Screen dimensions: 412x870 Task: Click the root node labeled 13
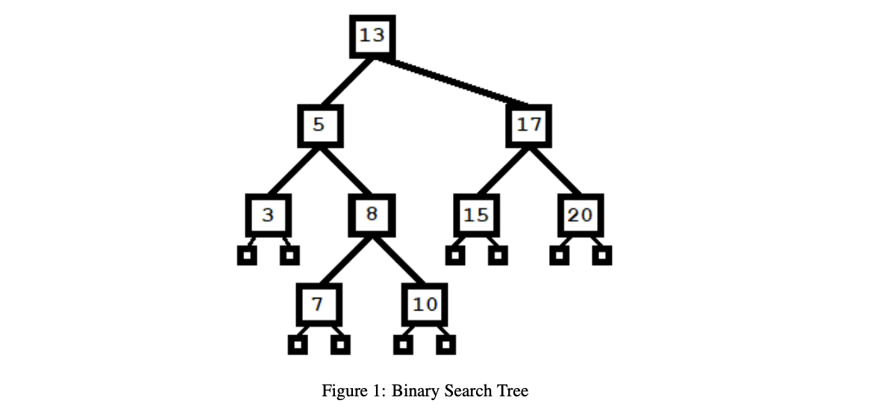[x=372, y=36]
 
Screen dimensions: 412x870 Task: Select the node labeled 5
[x=319, y=125]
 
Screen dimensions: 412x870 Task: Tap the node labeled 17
[x=529, y=125]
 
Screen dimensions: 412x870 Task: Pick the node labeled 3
[x=268, y=216]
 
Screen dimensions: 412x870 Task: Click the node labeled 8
[x=372, y=215]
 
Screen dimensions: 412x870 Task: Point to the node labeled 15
[x=476, y=216]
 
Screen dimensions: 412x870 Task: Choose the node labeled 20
[x=580, y=216]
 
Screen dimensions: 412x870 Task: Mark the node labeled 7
[x=319, y=305]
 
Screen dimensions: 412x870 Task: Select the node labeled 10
[x=425, y=305]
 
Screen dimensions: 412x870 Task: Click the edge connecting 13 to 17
[x=455, y=82]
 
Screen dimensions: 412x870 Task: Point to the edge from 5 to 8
[x=345, y=171]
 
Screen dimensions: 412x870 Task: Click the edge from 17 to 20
[x=555, y=171]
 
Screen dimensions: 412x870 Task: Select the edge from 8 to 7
[x=345, y=261]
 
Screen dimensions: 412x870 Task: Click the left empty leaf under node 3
[x=247, y=256]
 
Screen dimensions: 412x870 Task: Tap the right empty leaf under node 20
[x=602, y=256]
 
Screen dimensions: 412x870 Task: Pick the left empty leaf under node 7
[x=298, y=345]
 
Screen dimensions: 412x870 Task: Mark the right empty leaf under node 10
[x=446, y=345]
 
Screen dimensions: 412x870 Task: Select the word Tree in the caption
[x=513, y=391]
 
